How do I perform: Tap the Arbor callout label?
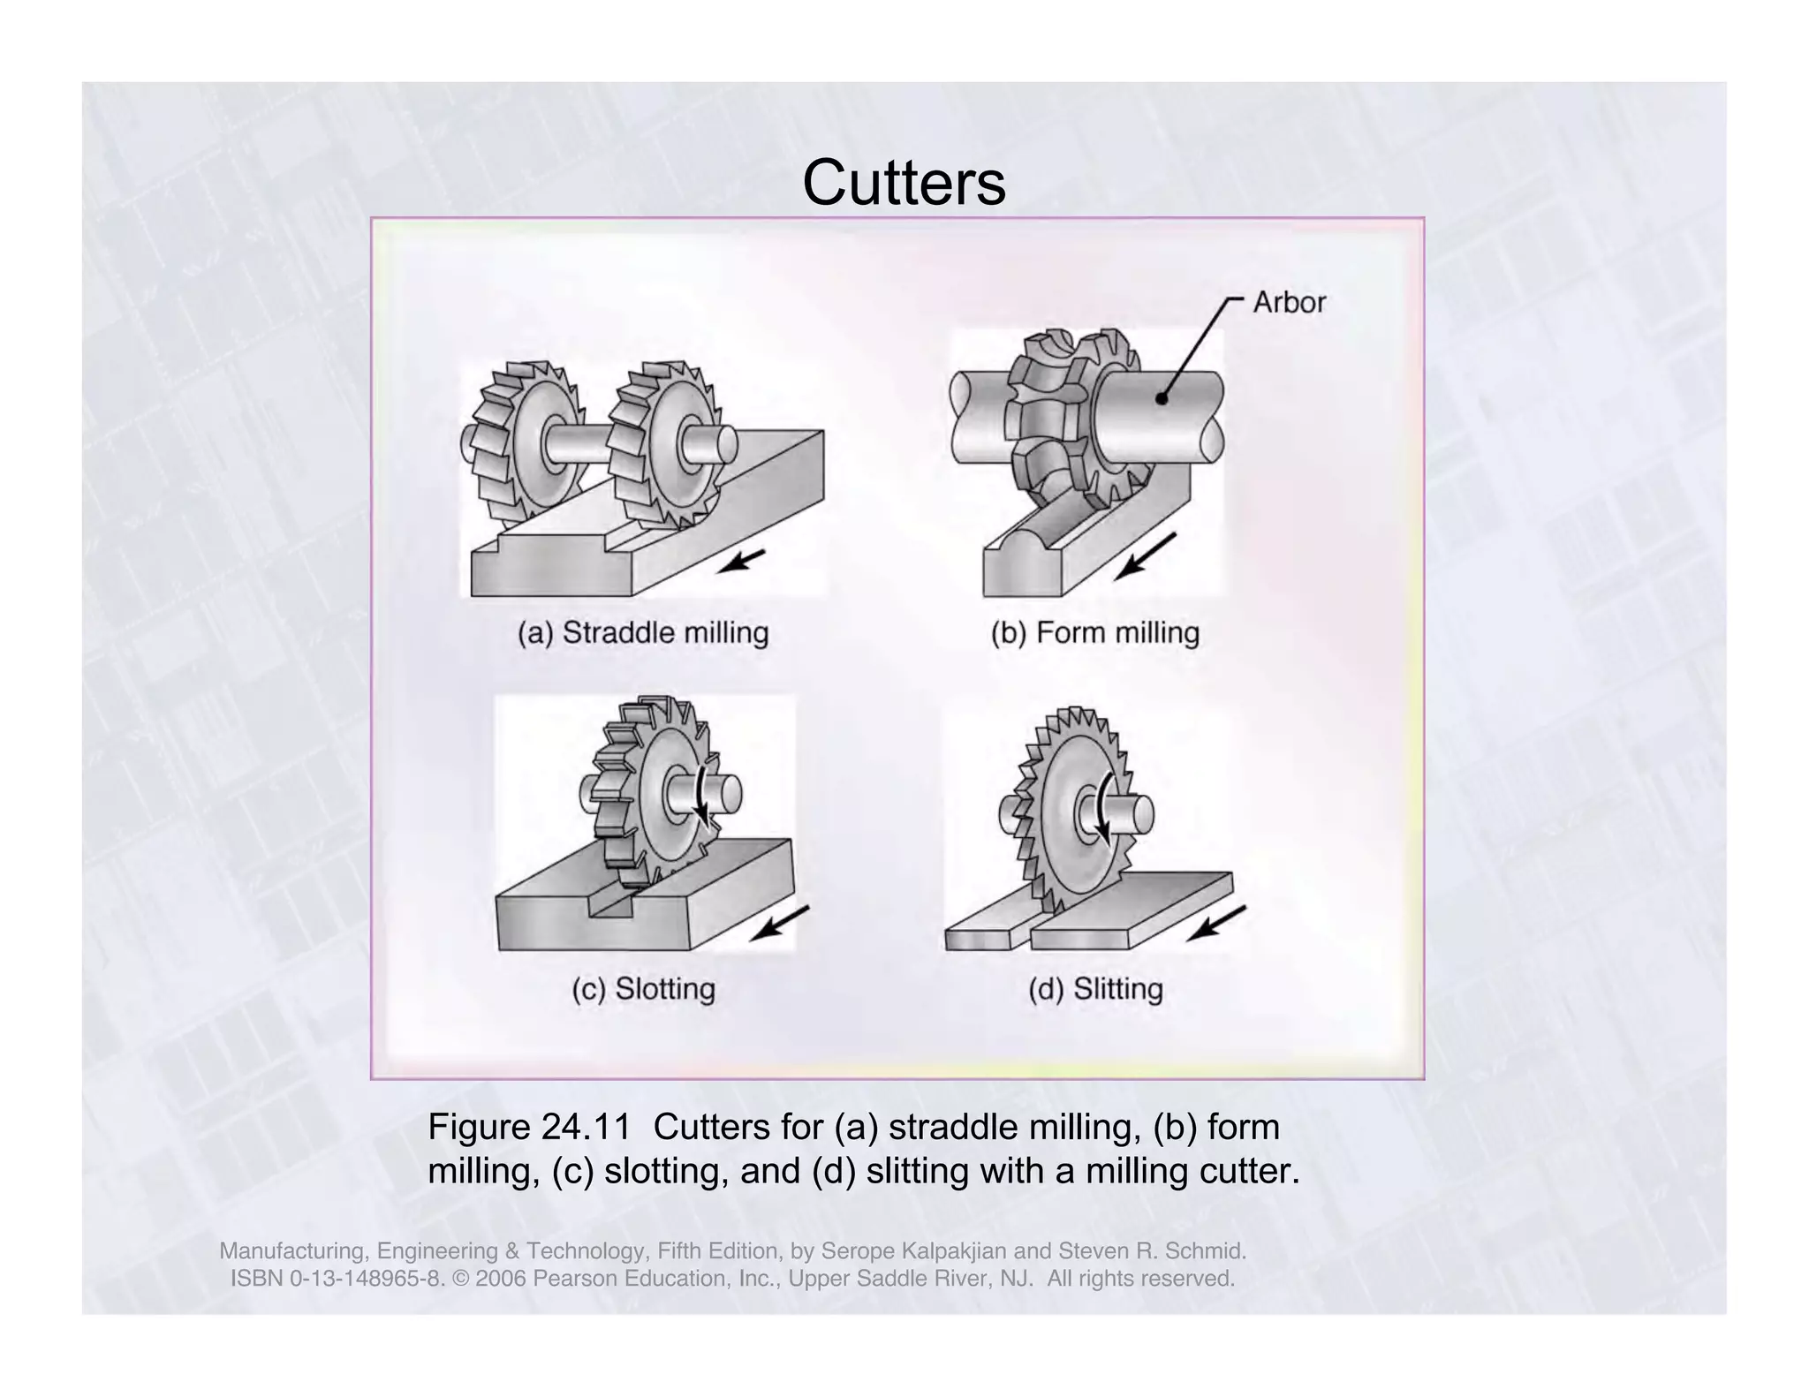click(1289, 303)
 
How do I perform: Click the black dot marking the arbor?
click(1162, 399)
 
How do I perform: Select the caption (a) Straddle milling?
click(643, 633)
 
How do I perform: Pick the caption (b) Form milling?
click(1094, 633)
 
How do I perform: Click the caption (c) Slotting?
click(643, 988)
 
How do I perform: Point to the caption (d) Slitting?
click(1094, 988)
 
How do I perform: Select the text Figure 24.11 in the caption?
click(528, 1128)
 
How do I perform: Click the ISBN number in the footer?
click(336, 1279)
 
